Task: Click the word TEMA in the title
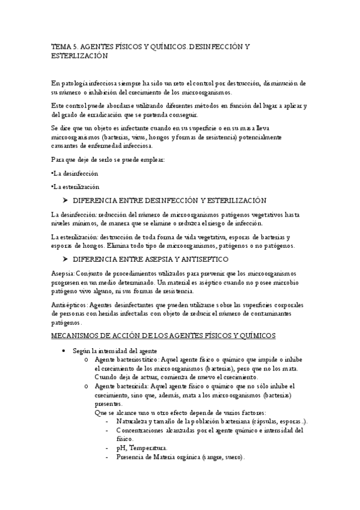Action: tap(59, 45)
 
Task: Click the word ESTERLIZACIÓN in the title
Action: tap(79, 55)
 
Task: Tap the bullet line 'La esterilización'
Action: tap(76, 186)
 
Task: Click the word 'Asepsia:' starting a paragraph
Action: tap(64, 273)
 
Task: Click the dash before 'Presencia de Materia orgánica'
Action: tap(106, 457)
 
